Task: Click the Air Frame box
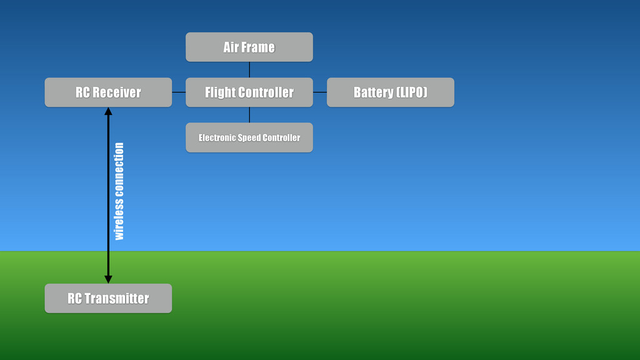click(x=249, y=47)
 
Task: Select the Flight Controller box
click(x=249, y=92)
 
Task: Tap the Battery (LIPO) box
click(x=390, y=92)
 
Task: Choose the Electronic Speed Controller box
click(x=249, y=137)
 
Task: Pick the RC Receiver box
click(x=108, y=92)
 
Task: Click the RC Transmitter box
click(x=108, y=298)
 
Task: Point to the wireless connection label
click(x=119, y=191)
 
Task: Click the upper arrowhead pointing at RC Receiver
click(x=108, y=112)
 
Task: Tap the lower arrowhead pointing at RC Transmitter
click(x=108, y=279)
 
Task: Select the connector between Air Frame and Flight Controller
click(x=249, y=69)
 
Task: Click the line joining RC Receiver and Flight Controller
click(x=179, y=92)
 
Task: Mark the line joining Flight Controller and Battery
click(x=319, y=92)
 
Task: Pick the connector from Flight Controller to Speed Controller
click(x=249, y=115)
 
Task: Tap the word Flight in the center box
click(x=220, y=92)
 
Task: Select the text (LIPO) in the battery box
click(x=412, y=92)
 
